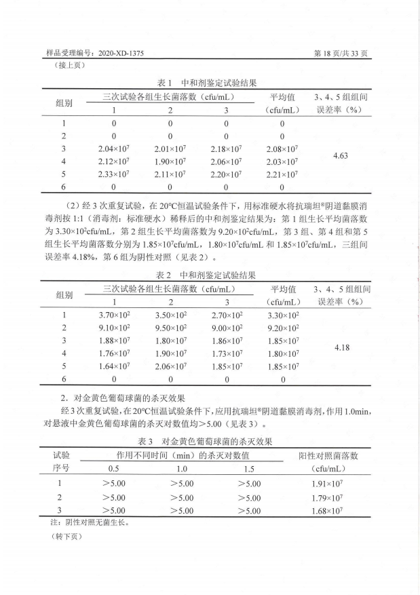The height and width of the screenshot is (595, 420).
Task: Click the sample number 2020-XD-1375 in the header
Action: [115, 52]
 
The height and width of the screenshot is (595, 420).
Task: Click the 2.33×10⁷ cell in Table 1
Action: [114, 174]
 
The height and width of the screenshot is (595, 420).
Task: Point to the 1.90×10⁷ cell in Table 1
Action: [170, 161]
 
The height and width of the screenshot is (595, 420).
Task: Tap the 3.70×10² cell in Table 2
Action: [114, 315]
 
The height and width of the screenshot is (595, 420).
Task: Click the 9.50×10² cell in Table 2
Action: [170, 328]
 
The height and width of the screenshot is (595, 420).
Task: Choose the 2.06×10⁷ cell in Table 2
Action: [170, 366]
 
